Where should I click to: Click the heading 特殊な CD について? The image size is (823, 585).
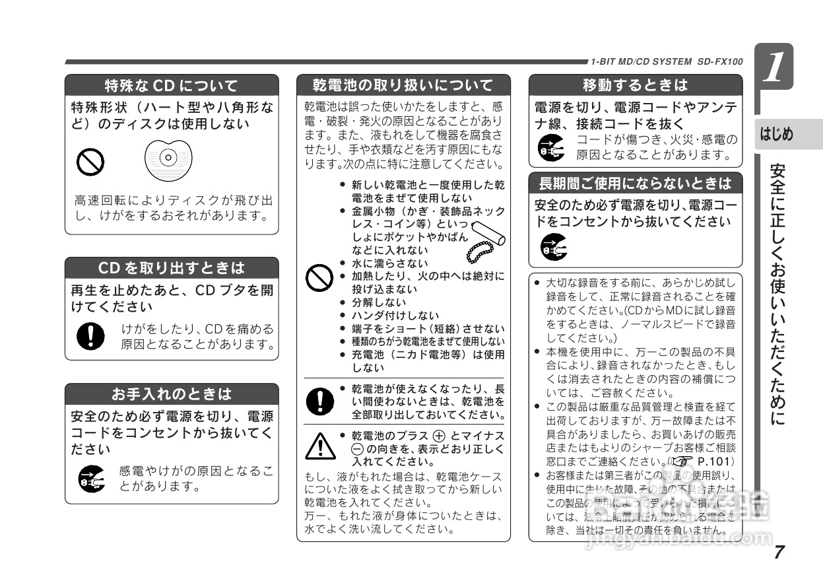click(x=172, y=85)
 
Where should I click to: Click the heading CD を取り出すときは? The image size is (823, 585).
click(x=172, y=268)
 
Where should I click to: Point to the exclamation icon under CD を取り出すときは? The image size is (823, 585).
click(x=87, y=336)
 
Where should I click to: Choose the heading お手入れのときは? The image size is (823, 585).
click(x=172, y=394)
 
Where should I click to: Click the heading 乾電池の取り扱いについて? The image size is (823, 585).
click(x=403, y=85)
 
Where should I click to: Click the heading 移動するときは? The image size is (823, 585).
click(x=635, y=85)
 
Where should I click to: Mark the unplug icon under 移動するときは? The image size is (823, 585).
click(x=551, y=148)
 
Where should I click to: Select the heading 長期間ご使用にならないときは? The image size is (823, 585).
click(x=635, y=183)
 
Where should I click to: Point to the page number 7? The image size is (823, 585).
click(x=779, y=551)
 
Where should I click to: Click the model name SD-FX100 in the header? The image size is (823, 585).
click(x=719, y=62)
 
